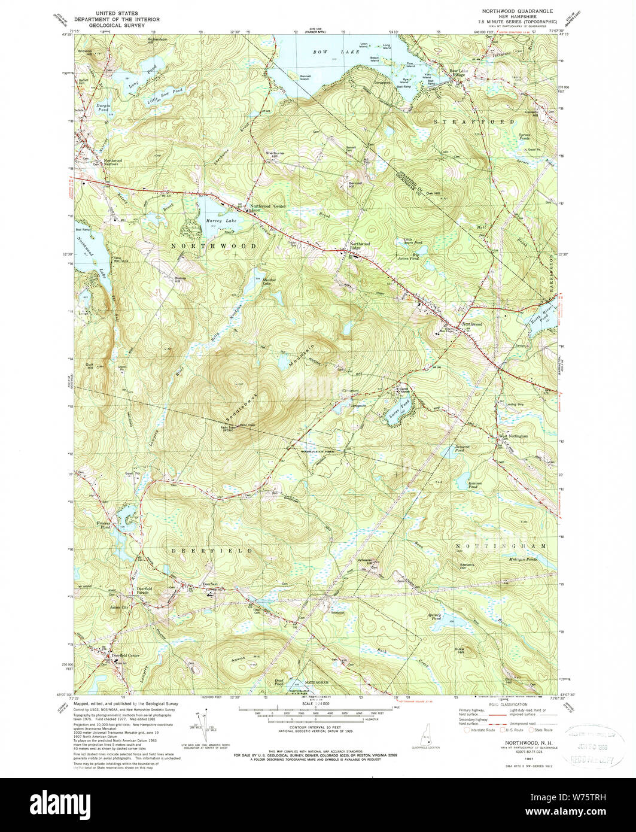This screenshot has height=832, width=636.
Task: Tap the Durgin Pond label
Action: [89, 108]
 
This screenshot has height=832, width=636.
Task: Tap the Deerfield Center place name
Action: [125, 655]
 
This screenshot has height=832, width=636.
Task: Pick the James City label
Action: [120, 607]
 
